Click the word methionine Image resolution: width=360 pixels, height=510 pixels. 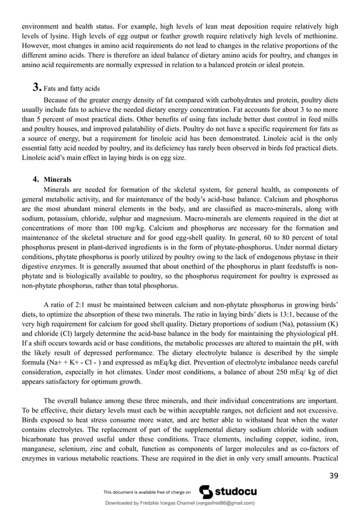(x=315, y=36)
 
